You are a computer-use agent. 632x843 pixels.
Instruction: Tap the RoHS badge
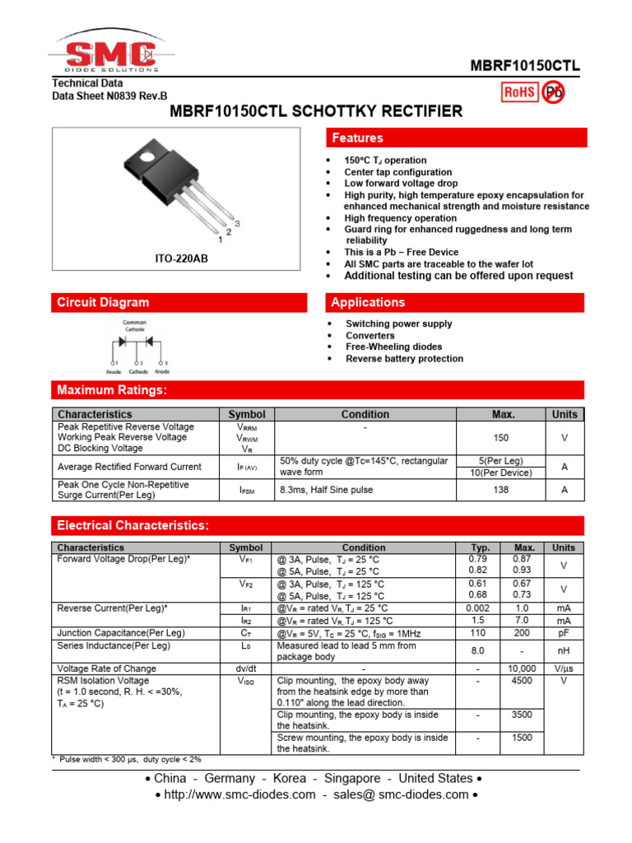(x=519, y=93)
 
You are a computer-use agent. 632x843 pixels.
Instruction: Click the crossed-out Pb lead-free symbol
(x=553, y=93)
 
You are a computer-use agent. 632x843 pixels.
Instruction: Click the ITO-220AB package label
(x=182, y=259)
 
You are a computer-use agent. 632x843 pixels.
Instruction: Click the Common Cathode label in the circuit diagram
(x=134, y=324)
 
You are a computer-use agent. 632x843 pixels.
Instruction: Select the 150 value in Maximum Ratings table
(x=500, y=439)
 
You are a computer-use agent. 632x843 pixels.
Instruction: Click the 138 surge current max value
(x=500, y=490)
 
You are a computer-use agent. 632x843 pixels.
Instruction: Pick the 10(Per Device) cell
(x=500, y=473)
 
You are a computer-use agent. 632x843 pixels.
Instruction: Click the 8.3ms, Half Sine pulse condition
(x=326, y=490)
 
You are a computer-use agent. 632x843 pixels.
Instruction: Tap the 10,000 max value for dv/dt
(x=523, y=668)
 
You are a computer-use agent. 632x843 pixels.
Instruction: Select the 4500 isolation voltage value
(x=523, y=681)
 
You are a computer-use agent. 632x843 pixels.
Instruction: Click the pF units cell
(x=564, y=633)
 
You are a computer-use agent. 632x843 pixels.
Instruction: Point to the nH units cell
(x=564, y=650)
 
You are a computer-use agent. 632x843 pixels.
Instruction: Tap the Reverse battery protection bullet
(x=404, y=359)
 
